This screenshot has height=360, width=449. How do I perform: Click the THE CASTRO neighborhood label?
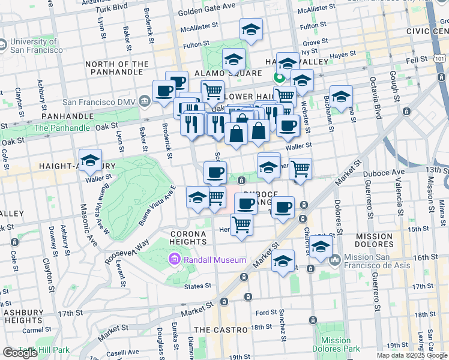[221, 330]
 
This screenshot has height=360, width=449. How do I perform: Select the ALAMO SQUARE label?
[228, 73]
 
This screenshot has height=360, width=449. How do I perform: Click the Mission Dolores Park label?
[336, 344]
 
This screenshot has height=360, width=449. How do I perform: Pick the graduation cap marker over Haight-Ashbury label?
[90, 160]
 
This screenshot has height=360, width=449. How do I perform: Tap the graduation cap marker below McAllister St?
[251, 29]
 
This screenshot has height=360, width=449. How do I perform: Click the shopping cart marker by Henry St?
[241, 225]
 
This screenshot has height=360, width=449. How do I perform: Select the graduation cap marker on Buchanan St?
[341, 96]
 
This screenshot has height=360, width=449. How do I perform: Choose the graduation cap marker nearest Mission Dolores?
[321, 247]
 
